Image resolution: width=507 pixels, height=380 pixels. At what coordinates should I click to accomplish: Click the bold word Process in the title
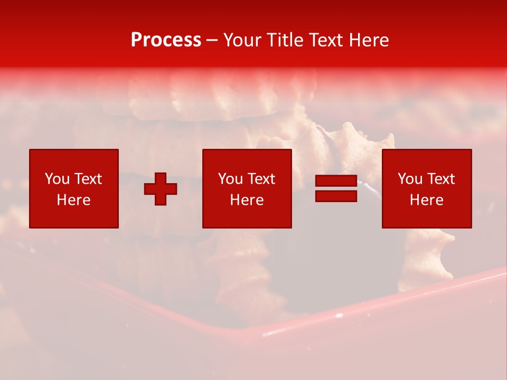166,40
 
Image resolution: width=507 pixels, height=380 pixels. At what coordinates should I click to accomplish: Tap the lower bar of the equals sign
336,196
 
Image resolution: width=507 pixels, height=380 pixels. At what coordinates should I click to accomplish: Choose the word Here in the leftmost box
73,200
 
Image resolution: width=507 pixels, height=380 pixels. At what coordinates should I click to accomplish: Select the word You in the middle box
230,179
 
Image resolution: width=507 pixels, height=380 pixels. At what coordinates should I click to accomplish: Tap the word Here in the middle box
247,200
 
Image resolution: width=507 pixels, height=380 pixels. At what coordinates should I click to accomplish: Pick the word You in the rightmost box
410,179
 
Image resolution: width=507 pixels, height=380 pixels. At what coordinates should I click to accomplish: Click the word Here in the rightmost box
426,200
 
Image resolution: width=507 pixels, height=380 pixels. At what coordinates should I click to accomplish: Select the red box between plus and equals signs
247,216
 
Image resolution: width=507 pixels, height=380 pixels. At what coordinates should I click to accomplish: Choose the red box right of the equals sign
426,216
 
